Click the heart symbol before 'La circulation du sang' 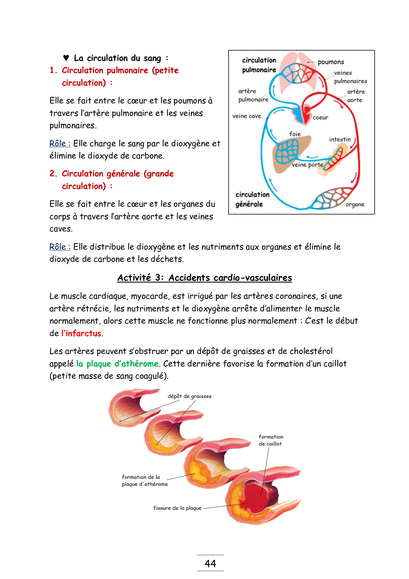(x=66, y=58)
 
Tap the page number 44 (x=210, y=563)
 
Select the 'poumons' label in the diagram (x=331, y=62)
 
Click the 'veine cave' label (x=247, y=116)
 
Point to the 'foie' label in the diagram (x=295, y=134)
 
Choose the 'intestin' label (x=340, y=139)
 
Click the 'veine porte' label (x=307, y=165)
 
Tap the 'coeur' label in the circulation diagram (x=320, y=118)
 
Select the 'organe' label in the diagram (x=355, y=204)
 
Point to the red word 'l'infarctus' (x=81, y=333)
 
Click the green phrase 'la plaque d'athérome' (x=117, y=364)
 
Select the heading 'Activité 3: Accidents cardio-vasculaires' (x=204, y=278)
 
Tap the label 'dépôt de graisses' (x=190, y=396)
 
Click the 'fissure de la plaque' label (x=177, y=508)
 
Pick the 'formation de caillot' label (x=271, y=440)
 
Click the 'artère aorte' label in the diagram (x=356, y=96)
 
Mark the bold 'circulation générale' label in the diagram (x=252, y=199)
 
